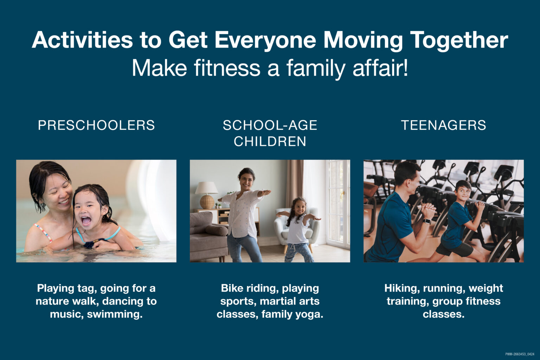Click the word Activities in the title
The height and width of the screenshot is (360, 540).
click(82, 40)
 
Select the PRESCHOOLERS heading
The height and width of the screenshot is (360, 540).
click(96, 125)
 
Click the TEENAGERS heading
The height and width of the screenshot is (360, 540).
click(443, 125)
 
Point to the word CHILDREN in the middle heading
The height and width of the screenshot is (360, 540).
click(270, 141)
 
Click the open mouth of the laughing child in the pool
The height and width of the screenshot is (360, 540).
click(85, 221)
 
